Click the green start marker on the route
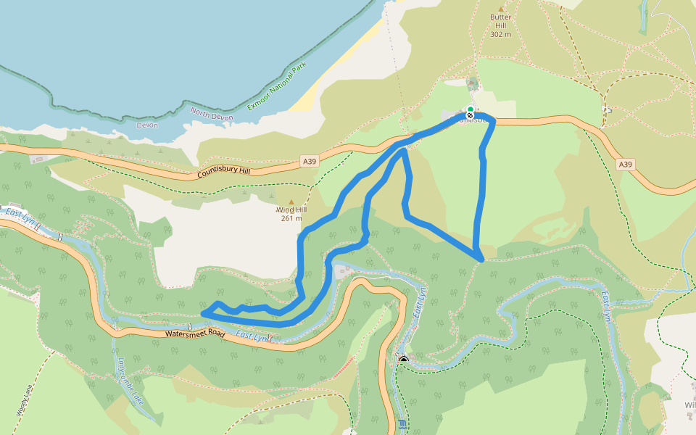point(470,109)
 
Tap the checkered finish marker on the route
point(470,115)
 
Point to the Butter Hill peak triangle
point(500,8)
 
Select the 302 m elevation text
point(500,34)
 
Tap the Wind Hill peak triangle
point(291,202)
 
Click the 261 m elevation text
point(291,218)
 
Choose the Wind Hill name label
point(291,210)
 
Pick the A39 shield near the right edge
point(626,165)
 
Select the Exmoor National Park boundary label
point(277,86)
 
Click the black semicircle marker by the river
point(404,359)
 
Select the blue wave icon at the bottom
point(403,424)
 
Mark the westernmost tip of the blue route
point(202,312)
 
